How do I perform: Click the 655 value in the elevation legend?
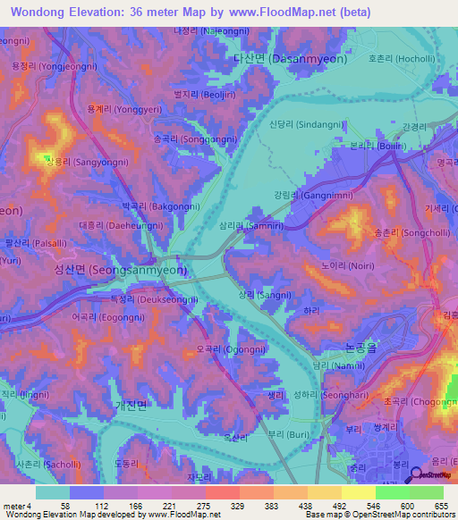click(439, 506)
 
